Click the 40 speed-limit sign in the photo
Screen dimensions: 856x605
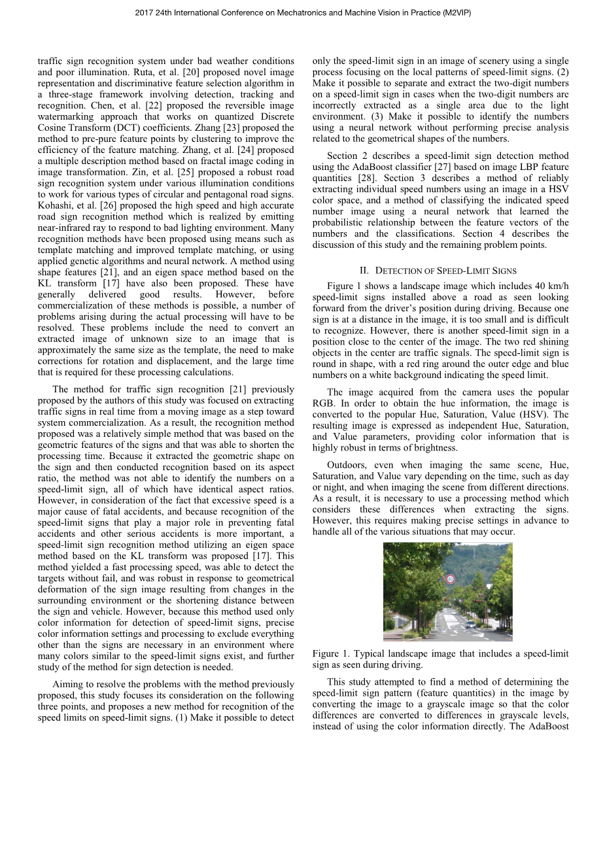click(x=449, y=579)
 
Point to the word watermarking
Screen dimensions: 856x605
click(x=69, y=117)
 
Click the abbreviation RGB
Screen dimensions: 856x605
click(x=324, y=403)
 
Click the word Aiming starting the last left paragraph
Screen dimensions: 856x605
click(x=68, y=685)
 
